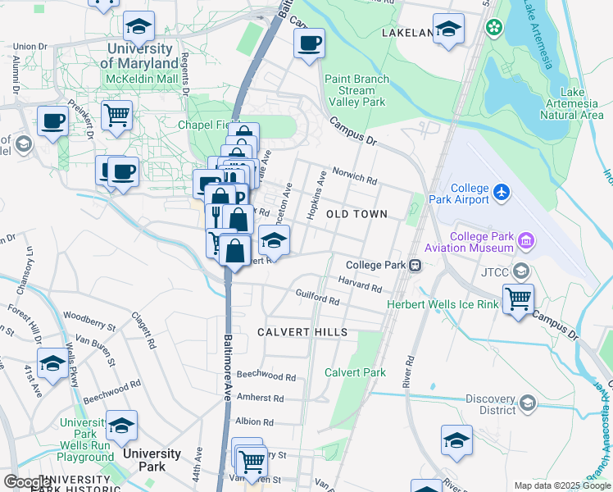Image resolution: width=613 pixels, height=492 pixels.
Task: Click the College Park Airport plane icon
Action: pyautogui.click(x=502, y=194)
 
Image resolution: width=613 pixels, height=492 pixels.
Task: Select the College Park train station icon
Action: pyautogui.click(x=416, y=265)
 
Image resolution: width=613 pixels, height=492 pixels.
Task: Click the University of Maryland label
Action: pyautogui.click(x=143, y=56)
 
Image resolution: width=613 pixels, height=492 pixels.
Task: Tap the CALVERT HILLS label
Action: pyautogui.click(x=302, y=332)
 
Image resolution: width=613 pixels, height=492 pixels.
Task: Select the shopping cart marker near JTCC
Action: pyautogui.click(x=518, y=299)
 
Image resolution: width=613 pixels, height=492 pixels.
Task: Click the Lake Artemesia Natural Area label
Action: pyautogui.click(x=572, y=103)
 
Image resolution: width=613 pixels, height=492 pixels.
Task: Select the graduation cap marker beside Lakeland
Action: pyautogui.click(x=448, y=30)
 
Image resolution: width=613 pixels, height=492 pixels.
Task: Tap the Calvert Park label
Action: pyautogui.click(x=355, y=372)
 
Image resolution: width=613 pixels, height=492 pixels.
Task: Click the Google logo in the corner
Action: pyautogui.click(x=27, y=481)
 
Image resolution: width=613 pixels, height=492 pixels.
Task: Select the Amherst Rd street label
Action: pyautogui.click(x=260, y=398)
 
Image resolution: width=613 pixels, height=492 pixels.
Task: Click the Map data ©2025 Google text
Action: pyautogui.click(x=561, y=485)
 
